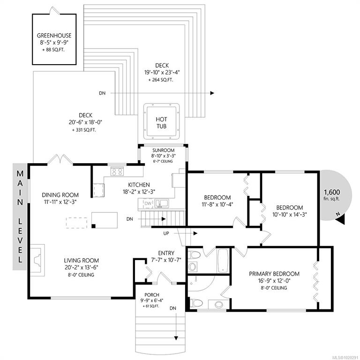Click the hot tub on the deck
click(161, 121)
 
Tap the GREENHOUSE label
click(54, 36)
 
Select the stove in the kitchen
click(117, 171)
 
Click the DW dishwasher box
click(148, 203)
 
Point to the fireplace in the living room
click(37, 260)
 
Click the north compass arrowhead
click(341, 220)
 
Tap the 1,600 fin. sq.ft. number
click(332, 192)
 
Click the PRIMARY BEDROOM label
click(274, 274)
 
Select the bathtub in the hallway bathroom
click(223, 261)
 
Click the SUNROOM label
click(164, 150)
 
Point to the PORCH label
click(152, 295)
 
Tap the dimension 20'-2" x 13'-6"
click(82, 268)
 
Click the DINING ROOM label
click(60, 195)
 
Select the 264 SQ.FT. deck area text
click(161, 80)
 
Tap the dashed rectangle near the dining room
click(76, 223)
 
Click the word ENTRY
click(166, 253)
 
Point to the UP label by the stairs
click(166, 233)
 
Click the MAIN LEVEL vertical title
click(20, 217)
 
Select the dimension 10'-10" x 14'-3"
click(290, 215)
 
